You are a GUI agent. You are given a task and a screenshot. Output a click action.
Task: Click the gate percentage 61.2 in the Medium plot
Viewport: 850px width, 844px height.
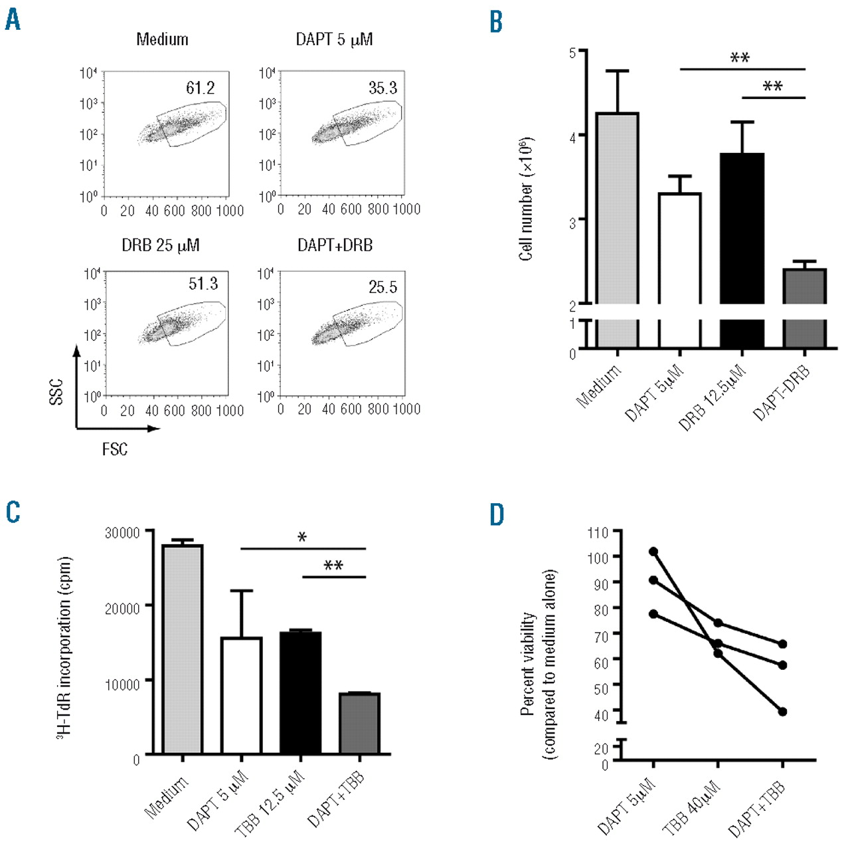(200, 88)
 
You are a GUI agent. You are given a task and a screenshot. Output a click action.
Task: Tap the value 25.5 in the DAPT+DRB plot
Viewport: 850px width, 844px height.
(382, 287)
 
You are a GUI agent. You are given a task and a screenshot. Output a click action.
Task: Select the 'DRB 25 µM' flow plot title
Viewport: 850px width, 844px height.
(160, 245)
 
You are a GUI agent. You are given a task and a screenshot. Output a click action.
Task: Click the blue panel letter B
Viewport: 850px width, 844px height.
(495, 22)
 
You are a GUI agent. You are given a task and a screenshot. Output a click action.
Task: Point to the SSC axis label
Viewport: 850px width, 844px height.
(56, 391)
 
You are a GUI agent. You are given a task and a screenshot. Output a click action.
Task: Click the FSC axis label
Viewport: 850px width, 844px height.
(114, 449)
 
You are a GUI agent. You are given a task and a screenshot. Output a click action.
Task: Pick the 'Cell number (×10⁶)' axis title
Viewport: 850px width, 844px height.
(526, 199)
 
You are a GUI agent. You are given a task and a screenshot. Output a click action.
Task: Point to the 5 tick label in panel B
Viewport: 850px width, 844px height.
(572, 53)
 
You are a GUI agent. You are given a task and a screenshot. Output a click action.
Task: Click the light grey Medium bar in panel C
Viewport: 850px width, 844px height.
(182, 648)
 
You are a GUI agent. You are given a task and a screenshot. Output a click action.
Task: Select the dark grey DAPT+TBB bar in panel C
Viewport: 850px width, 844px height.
(359, 723)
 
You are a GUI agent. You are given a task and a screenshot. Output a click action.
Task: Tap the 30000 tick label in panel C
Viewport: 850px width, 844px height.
(122, 532)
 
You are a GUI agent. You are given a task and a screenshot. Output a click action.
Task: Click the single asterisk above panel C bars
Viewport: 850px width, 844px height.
(302, 537)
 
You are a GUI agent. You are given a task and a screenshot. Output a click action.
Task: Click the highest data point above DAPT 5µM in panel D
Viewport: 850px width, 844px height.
(653, 552)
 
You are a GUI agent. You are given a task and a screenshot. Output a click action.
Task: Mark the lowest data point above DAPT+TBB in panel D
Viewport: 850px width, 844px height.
(782, 712)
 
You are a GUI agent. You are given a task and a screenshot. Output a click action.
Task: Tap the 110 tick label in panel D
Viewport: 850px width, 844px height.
(598, 532)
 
